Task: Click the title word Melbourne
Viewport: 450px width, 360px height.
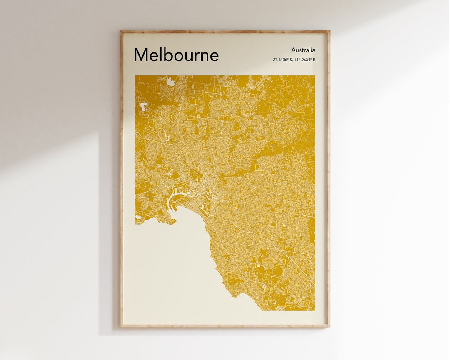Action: [176, 55]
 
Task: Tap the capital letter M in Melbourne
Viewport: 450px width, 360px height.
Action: [141, 55]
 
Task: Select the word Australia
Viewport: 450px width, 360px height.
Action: [303, 50]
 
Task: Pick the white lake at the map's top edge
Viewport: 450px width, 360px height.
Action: [170, 81]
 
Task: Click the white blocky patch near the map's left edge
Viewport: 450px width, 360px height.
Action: [144, 107]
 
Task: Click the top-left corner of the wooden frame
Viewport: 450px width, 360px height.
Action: [121, 31]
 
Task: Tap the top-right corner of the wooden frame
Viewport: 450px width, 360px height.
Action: [329, 31]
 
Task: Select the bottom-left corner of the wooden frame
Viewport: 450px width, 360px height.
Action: [121, 326]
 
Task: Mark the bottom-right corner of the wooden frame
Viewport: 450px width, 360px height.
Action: [329, 326]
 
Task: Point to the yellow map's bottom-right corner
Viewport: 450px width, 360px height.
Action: [315, 310]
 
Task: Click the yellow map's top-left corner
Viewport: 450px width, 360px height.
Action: [135, 76]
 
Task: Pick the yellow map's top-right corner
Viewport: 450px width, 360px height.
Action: [315, 76]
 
